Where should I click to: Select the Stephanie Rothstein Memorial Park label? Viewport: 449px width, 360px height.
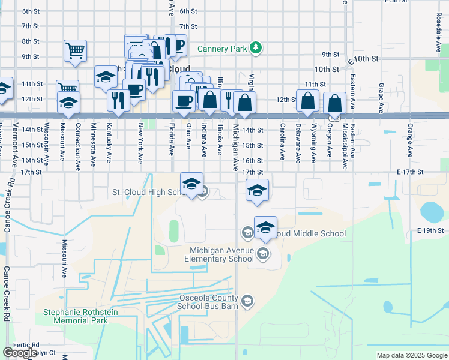click(75, 316)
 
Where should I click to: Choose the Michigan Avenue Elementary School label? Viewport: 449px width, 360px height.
click(221, 255)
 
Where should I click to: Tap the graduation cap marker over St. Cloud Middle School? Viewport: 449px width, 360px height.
click(265, 227)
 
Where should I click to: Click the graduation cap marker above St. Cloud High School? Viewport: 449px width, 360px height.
click(192, 184)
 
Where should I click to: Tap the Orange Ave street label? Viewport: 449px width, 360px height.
click(409, 140)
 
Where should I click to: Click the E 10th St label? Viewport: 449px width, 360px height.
click(364, 59)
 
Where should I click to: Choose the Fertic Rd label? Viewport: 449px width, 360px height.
click(28, 345)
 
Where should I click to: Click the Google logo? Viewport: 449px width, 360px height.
click(20, 353)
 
